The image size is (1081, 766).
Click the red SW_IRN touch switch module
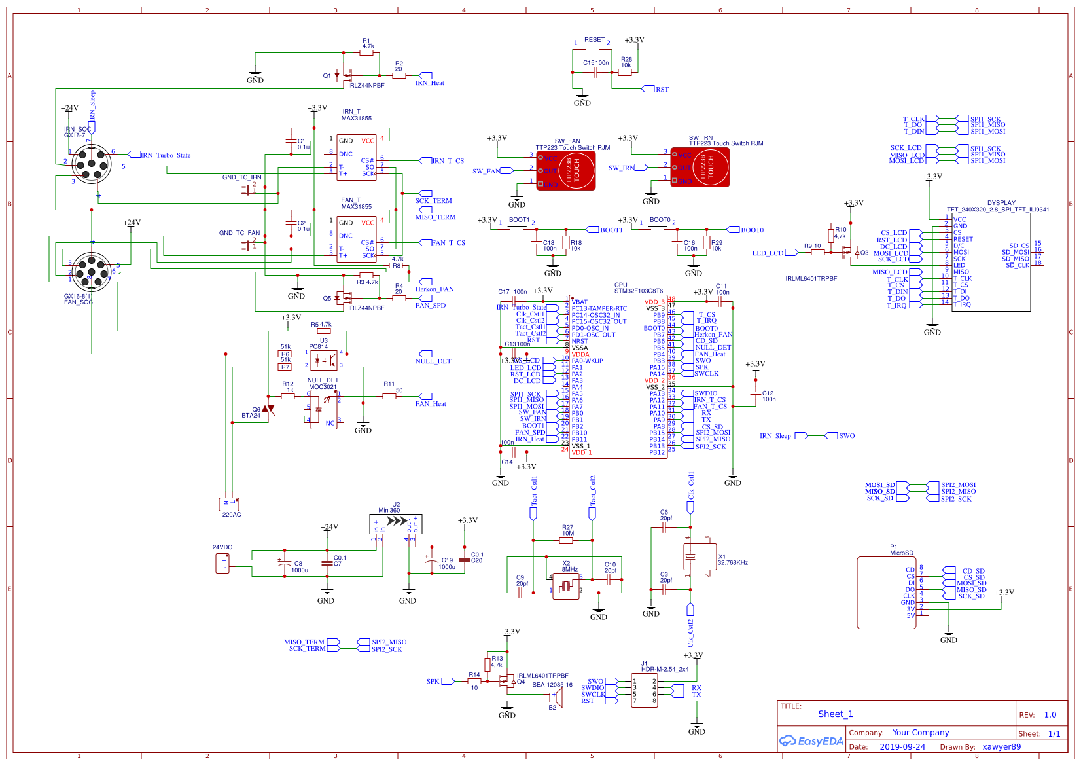coord(700,167)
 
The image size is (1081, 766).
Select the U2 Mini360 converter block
coord(396,524)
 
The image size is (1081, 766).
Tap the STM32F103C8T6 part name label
coord(638,291)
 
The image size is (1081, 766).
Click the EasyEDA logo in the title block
coord(811,741)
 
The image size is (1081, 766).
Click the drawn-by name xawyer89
coord(1001,747)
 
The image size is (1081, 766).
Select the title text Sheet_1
coord(835,714)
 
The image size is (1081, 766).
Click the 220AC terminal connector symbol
coord(229,504)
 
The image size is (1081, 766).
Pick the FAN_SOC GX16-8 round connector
coord(91,271)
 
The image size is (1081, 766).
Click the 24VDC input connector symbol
coord(222,563)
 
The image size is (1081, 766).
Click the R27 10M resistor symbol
coord(567,540)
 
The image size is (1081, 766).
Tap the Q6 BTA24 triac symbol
coord(268,409)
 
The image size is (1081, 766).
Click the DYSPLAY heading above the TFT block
coord(1001,203)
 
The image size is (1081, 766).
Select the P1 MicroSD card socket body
coord(886,593)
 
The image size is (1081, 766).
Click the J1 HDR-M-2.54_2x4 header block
coord(645,691)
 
